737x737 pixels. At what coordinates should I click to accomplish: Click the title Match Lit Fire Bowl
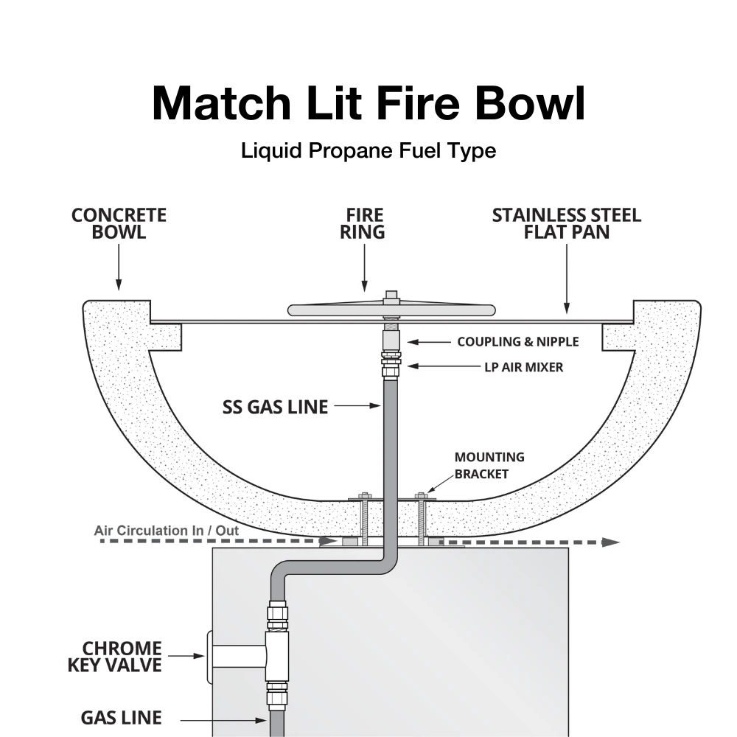(368, 103)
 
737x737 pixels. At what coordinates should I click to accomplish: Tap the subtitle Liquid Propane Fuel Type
(368, 151)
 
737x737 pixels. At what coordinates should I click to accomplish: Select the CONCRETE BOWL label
(119, 223)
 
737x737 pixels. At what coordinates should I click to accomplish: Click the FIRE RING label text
(366, 223)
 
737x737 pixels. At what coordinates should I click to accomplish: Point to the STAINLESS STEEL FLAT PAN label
(566, 223)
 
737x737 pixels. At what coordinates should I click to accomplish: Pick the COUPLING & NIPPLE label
(517, 342)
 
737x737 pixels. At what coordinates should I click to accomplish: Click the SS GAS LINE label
(275, 407)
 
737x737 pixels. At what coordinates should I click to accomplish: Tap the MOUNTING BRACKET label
(489, 466)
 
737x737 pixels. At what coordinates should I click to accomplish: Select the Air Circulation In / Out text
(167, 530)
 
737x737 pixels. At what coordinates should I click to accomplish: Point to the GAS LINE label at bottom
(121, 717)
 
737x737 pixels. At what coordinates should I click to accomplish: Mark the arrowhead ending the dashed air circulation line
(610, 542)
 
